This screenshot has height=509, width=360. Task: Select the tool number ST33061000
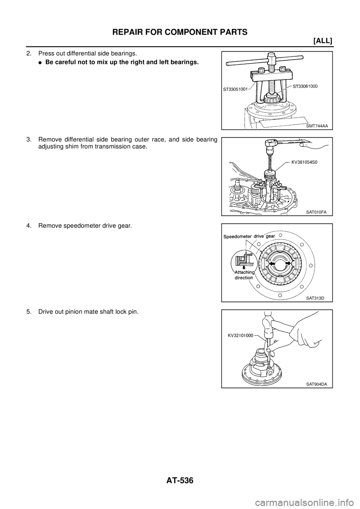(x=304, y=86)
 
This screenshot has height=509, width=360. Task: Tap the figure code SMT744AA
(x=315, y=126)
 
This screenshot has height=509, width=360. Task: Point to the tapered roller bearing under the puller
(x=271, y=100)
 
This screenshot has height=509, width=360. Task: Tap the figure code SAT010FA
(x=316, y=212)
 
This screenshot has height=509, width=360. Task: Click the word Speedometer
(x=240, y=237)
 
